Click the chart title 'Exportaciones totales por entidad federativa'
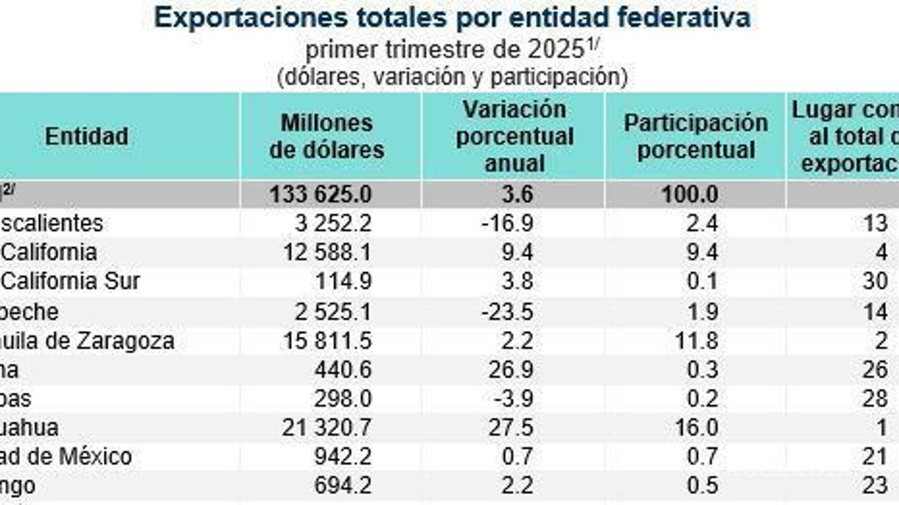pyautogui.click(x=453, y=17)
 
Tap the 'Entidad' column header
pyautogui.click(x=87, y=136)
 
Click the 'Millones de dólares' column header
pyautogui.click(x=327, y=136)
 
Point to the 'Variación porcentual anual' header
pyautogui.click(x=514, y=136)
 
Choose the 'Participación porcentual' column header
pyautogui.click(x=695, y=136)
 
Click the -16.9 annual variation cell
pyautogui.click(x=507, y=224)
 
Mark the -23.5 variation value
pyautogui.click(x=507, y=312)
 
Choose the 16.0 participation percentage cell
pyautogui.click(x=699, y=428)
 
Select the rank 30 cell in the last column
pyautogui.click(x=875, y=281)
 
